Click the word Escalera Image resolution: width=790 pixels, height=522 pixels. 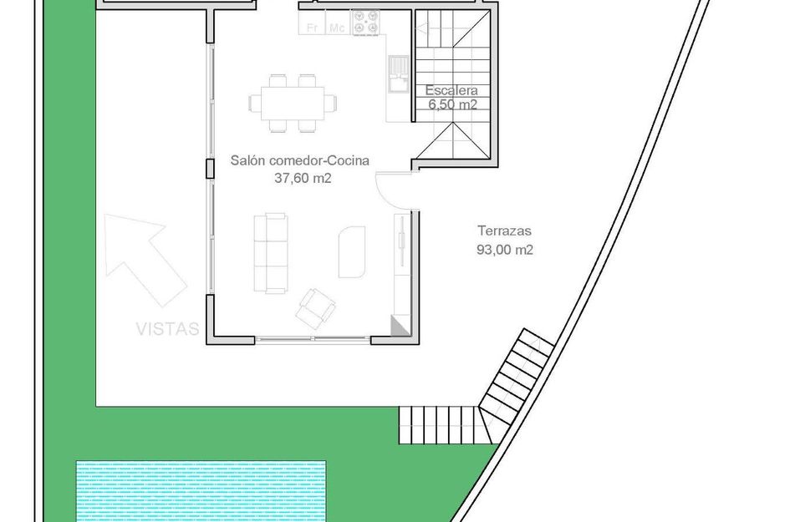[451, 90]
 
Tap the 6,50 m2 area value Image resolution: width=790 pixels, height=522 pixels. [452, 105]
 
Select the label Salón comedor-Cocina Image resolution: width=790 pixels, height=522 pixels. [299, 161]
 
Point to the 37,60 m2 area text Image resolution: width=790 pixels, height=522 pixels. [298, 177]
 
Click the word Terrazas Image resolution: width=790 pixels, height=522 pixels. [504, 232]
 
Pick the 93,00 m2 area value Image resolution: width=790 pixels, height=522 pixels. [504, 249]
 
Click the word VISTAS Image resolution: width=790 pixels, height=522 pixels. [168, 329]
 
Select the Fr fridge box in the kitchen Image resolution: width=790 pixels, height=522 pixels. [313, 28]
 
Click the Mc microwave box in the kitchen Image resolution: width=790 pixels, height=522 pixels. [337, 28]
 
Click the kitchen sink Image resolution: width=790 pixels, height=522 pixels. [395, 73]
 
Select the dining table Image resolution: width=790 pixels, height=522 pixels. [293, 104]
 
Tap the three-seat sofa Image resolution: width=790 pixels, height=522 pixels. [271, 252]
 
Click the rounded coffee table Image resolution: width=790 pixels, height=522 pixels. [352, 251]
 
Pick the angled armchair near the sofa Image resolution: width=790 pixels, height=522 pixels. [315, 308]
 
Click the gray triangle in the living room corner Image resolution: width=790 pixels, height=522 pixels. [400, 327]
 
